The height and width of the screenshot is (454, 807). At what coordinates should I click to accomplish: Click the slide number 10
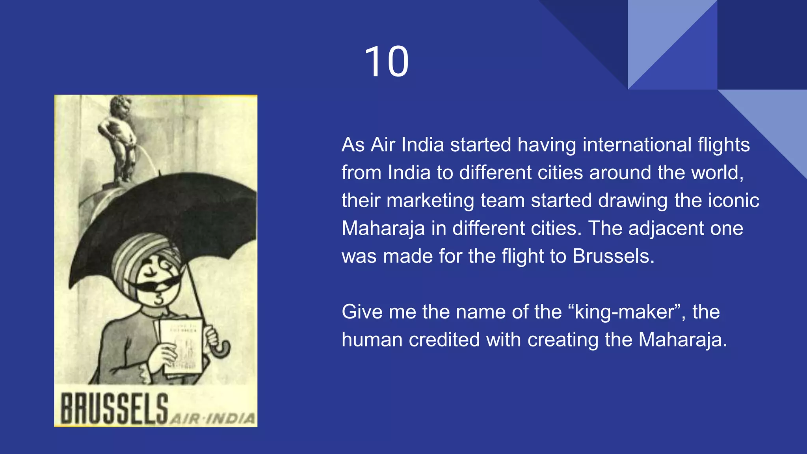[387, 62]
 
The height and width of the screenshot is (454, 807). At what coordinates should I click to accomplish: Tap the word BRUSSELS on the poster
[114, 408]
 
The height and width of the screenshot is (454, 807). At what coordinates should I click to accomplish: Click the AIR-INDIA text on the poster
[212, 418]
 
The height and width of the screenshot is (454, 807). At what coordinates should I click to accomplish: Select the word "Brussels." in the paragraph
[613, 256]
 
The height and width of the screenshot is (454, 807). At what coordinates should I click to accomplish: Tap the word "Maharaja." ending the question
[682, 340]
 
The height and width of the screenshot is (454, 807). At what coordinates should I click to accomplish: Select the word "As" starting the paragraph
[353, 145]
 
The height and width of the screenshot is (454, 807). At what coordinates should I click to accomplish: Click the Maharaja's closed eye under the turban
[149, 271]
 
